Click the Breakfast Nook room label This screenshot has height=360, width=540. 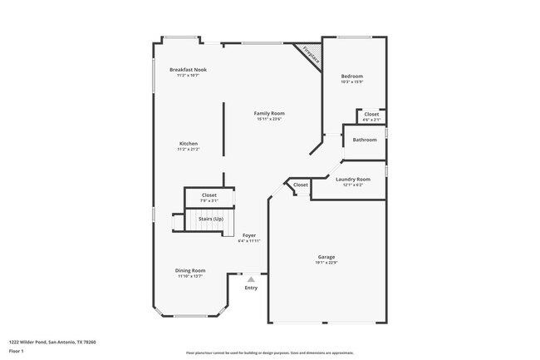pos(188,70)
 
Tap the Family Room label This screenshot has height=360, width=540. pos(269,113)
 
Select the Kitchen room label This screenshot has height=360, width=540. pos(189,144)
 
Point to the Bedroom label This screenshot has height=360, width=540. pos(351,76)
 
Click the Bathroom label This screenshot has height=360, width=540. pos(364,140)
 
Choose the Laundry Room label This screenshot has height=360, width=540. pos(352,179)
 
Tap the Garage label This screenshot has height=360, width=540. pos(326,257)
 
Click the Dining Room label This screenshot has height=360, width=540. pos(191,270)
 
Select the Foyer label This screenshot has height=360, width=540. pos(249,235)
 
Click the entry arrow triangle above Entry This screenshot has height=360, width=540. pos(251,279)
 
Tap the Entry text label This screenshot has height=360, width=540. pos(251,288)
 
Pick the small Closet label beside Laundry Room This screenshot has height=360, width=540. pos(300,185)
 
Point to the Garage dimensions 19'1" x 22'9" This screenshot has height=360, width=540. pos(326,263)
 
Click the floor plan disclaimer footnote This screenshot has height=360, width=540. pos(270,353)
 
